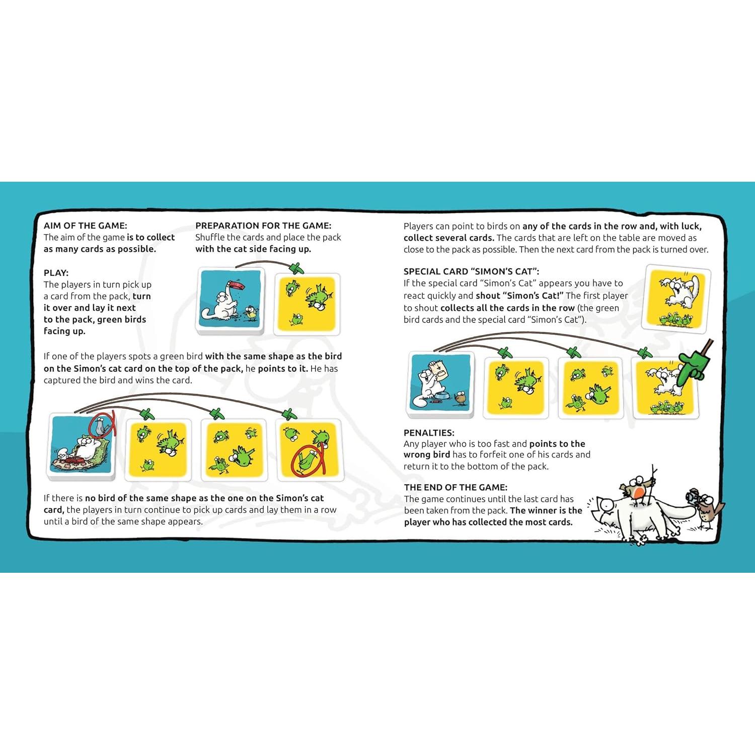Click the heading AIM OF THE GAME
85,225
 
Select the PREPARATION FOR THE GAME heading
263,225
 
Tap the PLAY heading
56,273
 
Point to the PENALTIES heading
429,432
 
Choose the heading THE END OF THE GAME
456,487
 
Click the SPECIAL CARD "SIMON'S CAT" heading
471,271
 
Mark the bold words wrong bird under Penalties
427,455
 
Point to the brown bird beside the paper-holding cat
460,398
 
